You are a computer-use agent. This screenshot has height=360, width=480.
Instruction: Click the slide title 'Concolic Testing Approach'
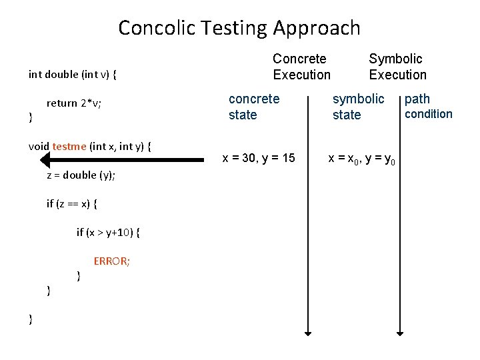click(239, 28)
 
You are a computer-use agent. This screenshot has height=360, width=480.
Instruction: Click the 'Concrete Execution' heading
click(301, 67)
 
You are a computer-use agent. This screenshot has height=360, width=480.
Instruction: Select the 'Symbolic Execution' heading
click(397, 67)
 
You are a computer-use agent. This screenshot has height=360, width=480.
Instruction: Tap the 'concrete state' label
click(254, 107)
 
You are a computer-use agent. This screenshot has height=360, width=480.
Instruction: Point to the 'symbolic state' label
click(358, 107)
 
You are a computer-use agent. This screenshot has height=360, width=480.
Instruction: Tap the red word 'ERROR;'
click(111, 261)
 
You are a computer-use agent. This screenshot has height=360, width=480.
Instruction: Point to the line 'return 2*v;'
click(73, 103)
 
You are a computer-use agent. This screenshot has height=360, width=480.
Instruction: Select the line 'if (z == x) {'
click(80, 203)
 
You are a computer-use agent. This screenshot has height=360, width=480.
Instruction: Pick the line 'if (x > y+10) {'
click(108, 232)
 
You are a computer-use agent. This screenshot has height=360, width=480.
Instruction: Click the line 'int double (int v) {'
click(73, 75)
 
